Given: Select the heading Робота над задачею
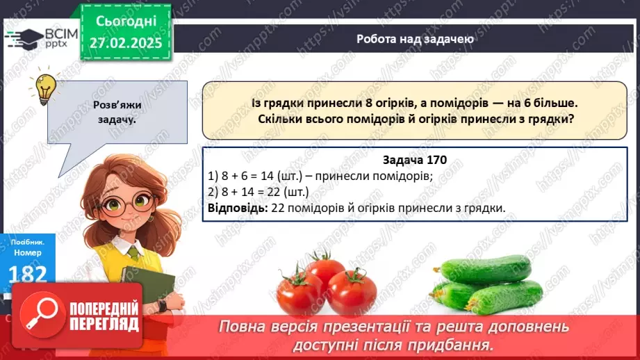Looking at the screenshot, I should click(x=416, y=39).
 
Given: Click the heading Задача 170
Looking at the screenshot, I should click(x=414, y=161).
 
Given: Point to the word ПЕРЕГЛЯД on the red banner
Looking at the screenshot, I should click(x=104, y=324).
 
